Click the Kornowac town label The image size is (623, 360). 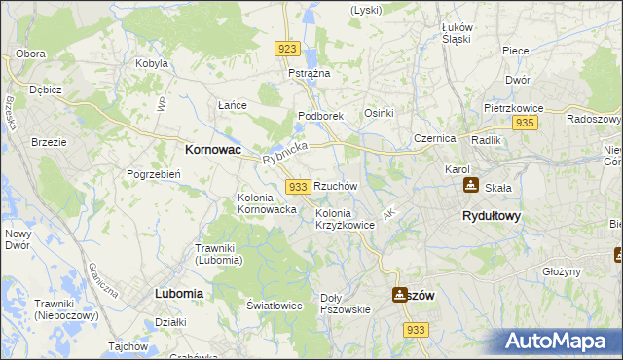(x=213, y=151)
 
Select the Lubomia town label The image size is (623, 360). (x=179, y=292)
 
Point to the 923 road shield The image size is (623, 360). (x=286, y=49)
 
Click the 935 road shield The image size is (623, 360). (x=526, y=123)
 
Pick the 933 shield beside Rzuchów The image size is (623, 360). (x=299, y=186)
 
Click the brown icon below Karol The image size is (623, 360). (x=471, y=185)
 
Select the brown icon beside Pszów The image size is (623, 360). (x=399, y=294)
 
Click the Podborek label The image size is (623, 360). (x=321, y=116)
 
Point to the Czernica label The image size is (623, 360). (x=434, y=139)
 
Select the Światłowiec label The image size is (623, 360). (x=274, y=306)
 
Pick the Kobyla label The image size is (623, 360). (x=153, y=63)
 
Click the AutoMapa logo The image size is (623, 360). (x=560, y=342)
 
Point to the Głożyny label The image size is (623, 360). (x=562, y=271)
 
